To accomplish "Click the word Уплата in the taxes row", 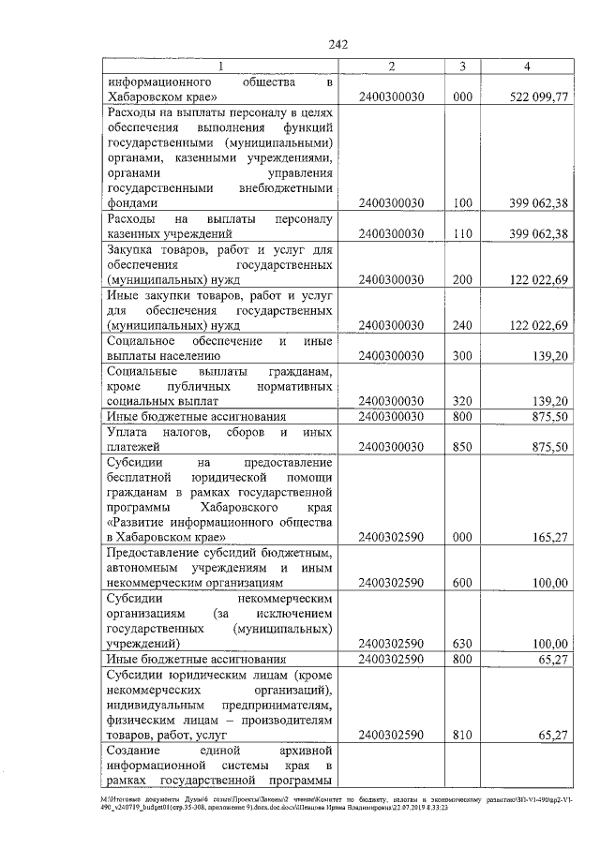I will tap(132, 433).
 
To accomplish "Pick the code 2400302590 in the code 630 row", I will tap(391, 644).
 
